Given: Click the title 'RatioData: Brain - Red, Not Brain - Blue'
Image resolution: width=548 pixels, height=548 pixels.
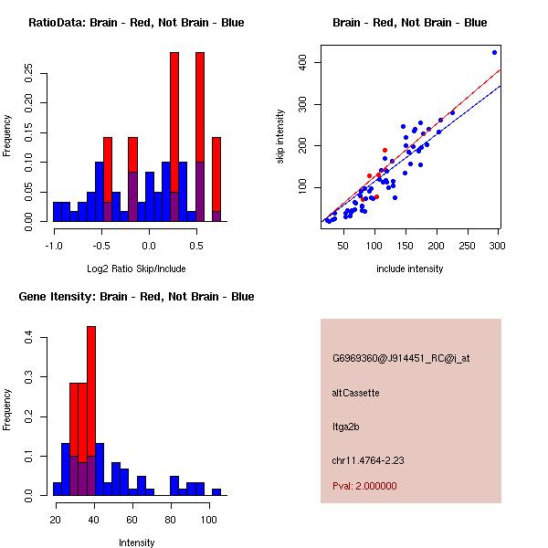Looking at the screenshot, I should pos(136,23).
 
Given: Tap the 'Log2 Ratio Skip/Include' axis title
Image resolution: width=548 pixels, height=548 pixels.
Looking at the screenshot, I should pos(136,268).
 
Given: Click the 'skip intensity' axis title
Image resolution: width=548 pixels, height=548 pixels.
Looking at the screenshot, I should pos(280,137).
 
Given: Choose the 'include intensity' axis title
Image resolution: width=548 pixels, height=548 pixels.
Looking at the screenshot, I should pos(410,268).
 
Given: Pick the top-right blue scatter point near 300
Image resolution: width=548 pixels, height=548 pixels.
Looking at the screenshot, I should pos(494,52).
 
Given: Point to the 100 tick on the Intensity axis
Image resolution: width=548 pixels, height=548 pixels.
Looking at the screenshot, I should pos(209,519).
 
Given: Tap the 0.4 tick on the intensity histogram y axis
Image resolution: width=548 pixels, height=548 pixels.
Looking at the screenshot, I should pos(29,338).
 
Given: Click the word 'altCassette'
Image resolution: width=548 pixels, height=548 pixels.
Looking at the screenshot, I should pos(355,393).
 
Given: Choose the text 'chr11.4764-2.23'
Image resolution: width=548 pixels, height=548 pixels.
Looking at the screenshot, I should pos(368,459).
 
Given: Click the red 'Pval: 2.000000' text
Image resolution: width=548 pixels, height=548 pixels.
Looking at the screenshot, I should pos(364,486).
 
